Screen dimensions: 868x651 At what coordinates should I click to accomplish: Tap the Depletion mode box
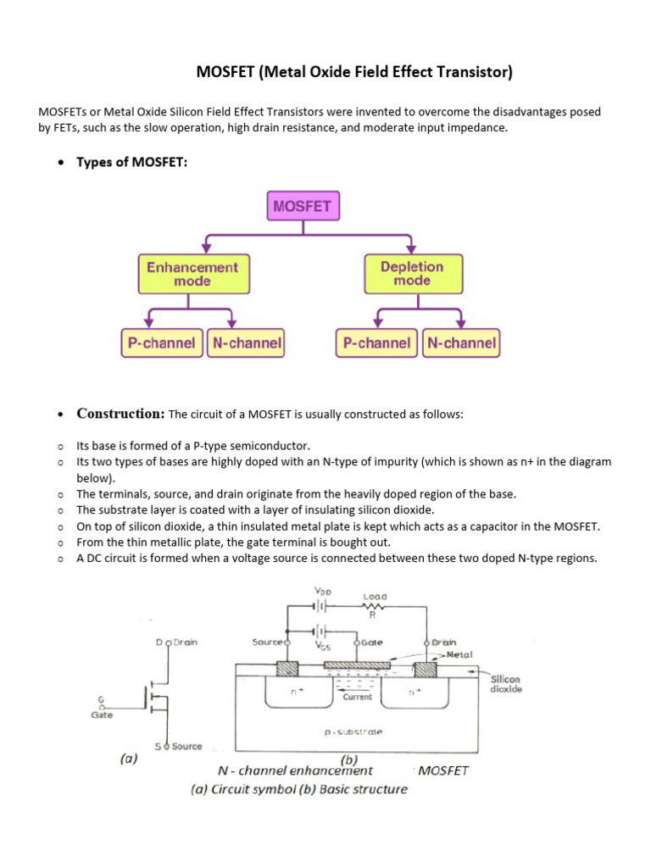pos(411,274)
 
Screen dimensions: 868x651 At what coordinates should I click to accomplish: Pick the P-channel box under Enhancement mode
pos(161,343)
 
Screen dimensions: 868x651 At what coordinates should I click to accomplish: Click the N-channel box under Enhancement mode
pos(244,343)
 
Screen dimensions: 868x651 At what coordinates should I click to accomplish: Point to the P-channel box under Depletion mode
pos(377,343)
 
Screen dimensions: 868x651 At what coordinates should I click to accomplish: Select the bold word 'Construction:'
pos(120,414)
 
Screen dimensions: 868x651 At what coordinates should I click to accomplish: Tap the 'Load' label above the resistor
pos(375,597)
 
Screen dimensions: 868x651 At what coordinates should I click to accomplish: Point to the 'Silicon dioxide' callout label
pos(506,684)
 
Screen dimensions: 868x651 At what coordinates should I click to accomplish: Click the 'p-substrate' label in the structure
pos(353,731)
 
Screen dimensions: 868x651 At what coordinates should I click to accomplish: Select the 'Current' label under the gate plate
pos(357,697)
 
